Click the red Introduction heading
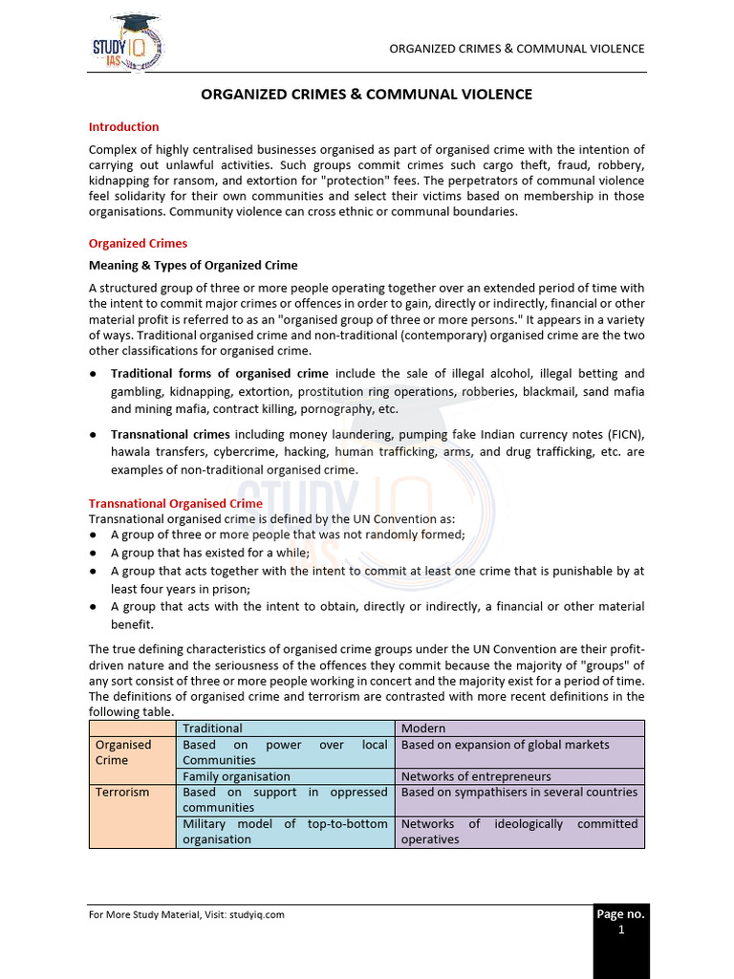(x=123, y=126)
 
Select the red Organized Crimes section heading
(x=138, y=243)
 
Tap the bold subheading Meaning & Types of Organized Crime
(x=193, y=265)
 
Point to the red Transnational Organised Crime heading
(x=175, y=503)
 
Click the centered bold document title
(x=366, y=95)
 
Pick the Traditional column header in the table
(x=212, y=729)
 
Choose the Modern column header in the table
(x=423, y=729)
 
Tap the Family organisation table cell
(x=236, y=776)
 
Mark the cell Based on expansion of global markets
(x=505, y=745)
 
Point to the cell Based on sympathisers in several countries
(x=519, y=793)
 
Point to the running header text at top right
(x=517, y=49)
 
